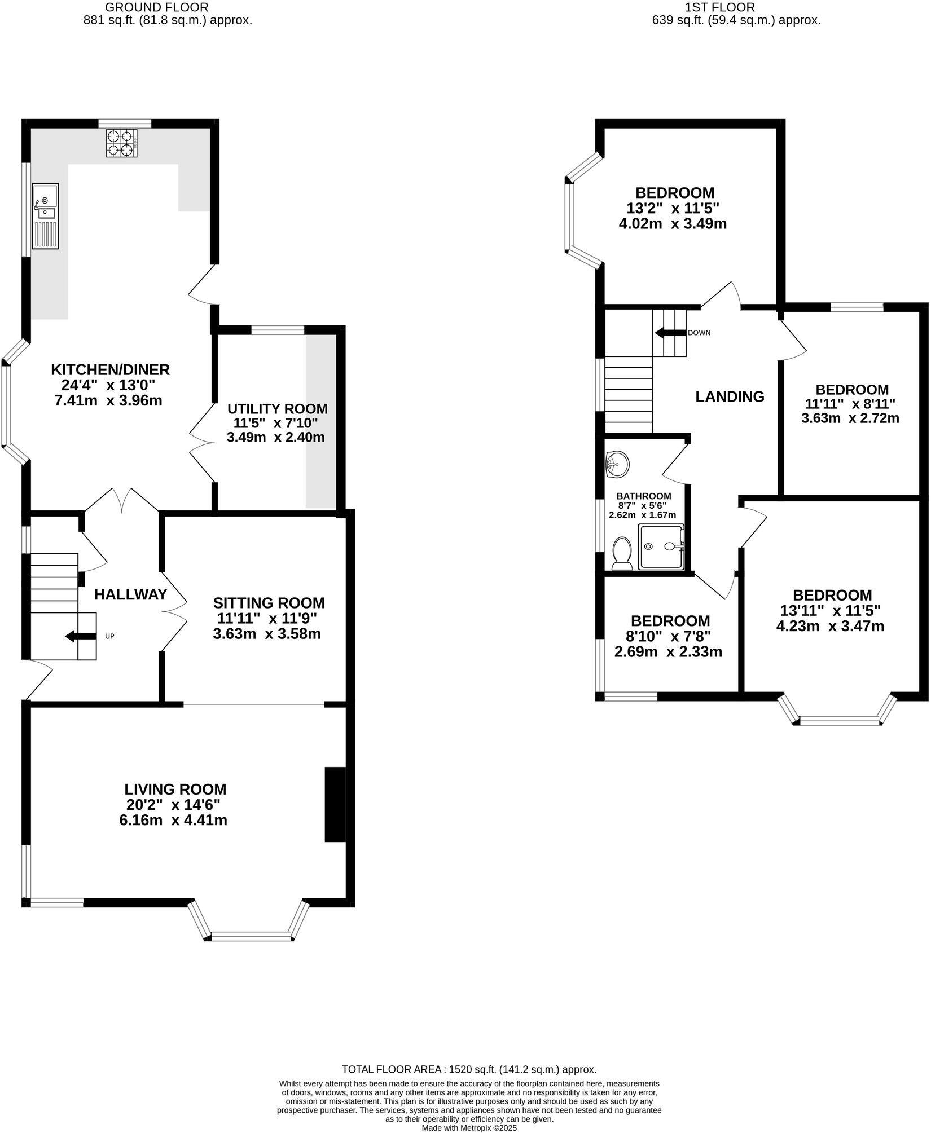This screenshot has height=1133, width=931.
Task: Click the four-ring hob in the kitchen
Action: [x=122, y=143]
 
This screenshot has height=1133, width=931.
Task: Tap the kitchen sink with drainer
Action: [x=45, y=216]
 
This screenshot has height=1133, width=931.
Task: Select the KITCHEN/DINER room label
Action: [x=111, y=370]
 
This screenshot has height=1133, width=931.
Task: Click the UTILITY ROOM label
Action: [x=277, y=409]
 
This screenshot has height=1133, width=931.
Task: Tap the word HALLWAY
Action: [x=130, y=594]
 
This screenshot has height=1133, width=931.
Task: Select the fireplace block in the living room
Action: [x=335, y=805]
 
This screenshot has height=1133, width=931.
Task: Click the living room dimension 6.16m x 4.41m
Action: [x=173, y=820]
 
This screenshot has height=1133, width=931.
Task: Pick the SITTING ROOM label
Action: [x=269, y=603]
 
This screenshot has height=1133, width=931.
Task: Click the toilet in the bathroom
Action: [x=622, y=554]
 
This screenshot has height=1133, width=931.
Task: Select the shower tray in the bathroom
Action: [x=660, y=546]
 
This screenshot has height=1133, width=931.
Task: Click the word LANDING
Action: [x=730, y=396]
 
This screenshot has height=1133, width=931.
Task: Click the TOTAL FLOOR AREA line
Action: [x=469, y=1069]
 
